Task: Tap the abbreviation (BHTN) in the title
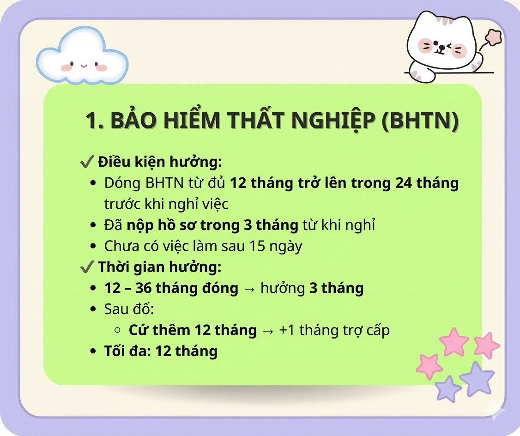coord(421,120)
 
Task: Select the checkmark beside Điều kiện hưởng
coord(87,162)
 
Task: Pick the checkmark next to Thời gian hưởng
coord(87,267)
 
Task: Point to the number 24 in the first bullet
coord(404,183)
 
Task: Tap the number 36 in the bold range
coord(143,288)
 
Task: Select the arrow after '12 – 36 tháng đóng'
coord(249,289)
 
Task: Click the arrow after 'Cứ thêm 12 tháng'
coord(268,331)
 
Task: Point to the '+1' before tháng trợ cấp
coord(287,330)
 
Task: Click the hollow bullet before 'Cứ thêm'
coord(117,330)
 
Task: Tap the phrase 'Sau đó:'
coord(129,309)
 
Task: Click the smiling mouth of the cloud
coord(84,66)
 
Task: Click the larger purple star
coord(477,379)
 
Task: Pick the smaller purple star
coord(447,388)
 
